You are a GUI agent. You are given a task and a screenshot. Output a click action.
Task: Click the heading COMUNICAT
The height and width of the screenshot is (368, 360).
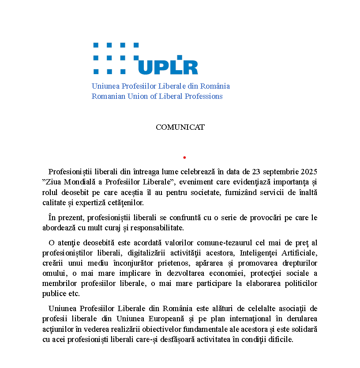point(180,127)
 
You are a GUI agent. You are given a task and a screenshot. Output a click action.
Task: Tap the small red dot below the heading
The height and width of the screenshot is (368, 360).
point(184,157)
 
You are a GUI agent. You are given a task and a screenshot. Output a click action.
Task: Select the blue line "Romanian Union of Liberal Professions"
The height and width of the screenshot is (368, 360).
point(157,96)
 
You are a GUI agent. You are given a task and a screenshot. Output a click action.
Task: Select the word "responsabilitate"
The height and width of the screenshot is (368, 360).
point(157,228)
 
